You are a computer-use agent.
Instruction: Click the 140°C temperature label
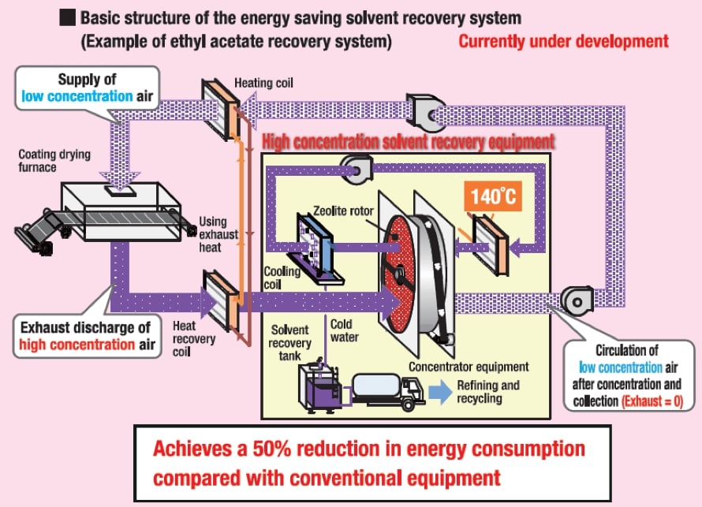pyautogui.click(x=495, y=196)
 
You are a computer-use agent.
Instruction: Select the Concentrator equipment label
pyautogui.click(x=469, y=367)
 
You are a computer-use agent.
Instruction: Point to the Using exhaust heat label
pyautogui.click(x=214, y=233)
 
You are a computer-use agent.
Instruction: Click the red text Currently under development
pyautogui.click(x=563, y=41)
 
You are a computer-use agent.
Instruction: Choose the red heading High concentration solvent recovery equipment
pyautogui.click(x=408, y=142)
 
